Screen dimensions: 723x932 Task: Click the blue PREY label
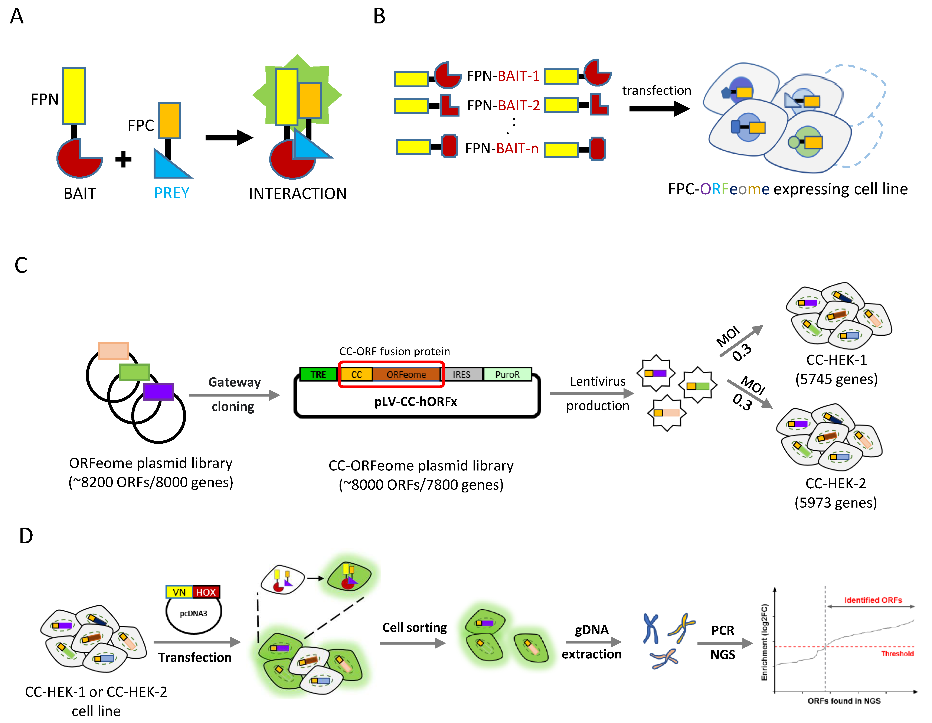click(x=171, y=193)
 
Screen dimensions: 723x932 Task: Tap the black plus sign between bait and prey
click(x=123, y=160)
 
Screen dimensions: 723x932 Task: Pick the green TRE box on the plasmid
click(x=318, y=374)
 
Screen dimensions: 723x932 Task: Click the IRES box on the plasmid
click(x=461, y=374)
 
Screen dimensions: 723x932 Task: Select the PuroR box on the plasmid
click(x=507, y=374)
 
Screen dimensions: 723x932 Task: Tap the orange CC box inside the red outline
click(x=356, y=374)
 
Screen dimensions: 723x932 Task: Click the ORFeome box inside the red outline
click(x=406, y=374)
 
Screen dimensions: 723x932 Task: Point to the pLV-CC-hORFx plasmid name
click(x=415, y=402)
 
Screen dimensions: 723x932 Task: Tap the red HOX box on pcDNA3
click(x=206, y=592)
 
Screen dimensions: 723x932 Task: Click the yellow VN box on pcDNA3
click(x=179, y=592)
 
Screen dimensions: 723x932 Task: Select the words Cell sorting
click(x=414, y=627)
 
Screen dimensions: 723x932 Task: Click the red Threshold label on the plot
click(x=897, y=654)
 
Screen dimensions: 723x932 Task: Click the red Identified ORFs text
click(x=873, y=600)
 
